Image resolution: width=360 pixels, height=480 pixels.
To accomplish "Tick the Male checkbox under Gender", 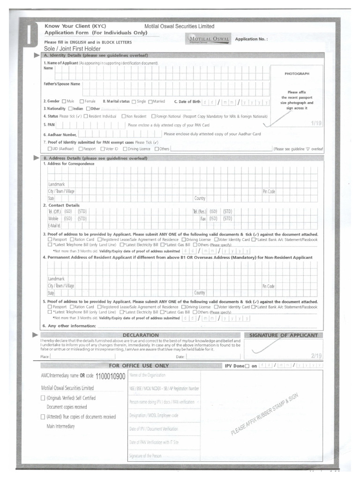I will (64, 101).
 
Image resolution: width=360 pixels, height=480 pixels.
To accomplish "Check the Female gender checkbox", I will (82, 101).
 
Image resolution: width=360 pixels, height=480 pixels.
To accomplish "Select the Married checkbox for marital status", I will (150, 101).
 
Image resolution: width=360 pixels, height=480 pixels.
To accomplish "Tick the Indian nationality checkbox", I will (70, 109).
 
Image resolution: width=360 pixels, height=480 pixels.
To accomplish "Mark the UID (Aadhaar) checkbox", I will (50, 149).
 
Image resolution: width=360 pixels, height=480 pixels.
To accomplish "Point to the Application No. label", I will (251, 39).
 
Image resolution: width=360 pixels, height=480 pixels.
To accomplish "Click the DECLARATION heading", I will (140, 335).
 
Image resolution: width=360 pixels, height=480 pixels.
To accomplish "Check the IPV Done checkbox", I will (247, 366).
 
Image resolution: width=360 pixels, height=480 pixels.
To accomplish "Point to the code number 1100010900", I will (110, 376).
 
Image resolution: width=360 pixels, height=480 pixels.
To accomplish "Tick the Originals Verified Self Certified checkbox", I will (43, 398).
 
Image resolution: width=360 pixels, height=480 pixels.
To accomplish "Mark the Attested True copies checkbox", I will (43, 417).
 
